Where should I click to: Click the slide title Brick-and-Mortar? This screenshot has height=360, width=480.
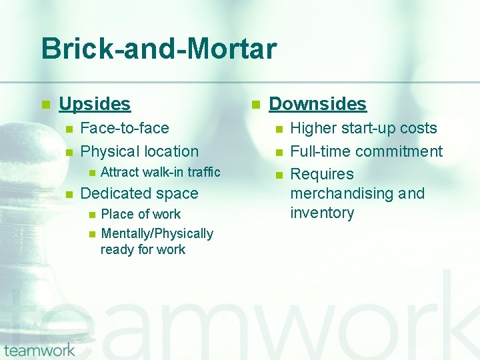[159, 49]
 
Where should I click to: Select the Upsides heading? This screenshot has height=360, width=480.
[95, 104]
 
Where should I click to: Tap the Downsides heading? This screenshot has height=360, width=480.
[317, 104]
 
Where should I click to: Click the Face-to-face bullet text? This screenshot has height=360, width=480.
[124, 128]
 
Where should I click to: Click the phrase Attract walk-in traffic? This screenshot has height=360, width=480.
[160, 172]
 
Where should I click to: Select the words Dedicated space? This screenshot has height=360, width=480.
[139, 194]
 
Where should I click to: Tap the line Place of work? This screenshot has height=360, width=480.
[141, 214]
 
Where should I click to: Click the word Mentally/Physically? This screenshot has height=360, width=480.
[157, 233]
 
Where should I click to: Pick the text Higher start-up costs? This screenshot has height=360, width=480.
[363, 129]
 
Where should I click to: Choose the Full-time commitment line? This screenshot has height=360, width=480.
[366, 152]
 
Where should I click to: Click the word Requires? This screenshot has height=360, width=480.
[322, 175]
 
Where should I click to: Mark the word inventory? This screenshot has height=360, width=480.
[322, 213]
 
